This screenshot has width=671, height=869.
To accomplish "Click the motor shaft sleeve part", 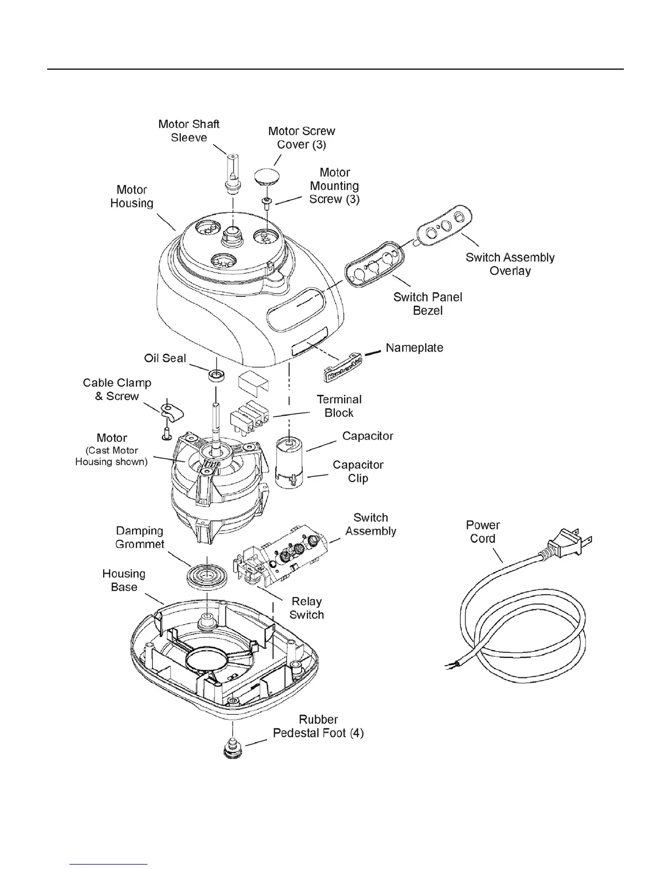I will pos(233,173).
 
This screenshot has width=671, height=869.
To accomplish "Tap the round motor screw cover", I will pos(267,177).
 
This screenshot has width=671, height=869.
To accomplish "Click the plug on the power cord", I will pos(565,543).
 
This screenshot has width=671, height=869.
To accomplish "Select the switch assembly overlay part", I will pos(443,226).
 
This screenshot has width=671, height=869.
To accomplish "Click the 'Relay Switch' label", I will pos(306,608).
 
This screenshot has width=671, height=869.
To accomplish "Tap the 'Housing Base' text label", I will pos(124,580).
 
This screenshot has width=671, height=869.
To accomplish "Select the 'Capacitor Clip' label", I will pos(358,471).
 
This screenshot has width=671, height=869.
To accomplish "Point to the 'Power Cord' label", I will pos(482,532).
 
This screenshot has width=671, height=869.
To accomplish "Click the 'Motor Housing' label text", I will pos(132,196).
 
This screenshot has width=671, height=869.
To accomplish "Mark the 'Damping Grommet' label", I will pos(140,537).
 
